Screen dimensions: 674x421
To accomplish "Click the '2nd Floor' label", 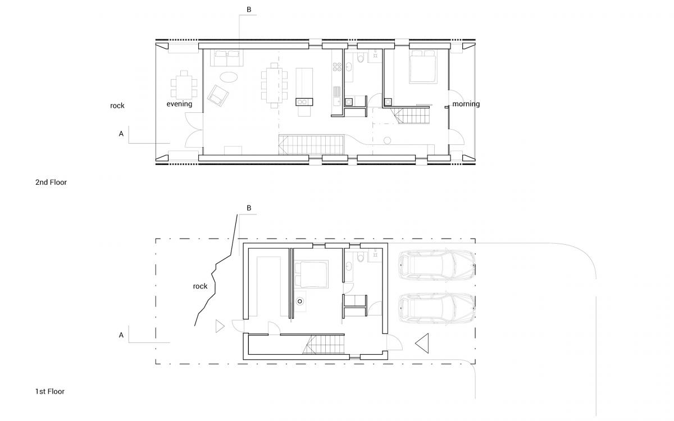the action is [51, 182].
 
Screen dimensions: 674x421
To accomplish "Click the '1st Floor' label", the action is [50, 391].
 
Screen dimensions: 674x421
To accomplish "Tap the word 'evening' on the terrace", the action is [179, 104].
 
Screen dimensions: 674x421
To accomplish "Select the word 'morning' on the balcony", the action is [466, 104].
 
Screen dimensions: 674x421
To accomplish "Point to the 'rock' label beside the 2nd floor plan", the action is [117, 106].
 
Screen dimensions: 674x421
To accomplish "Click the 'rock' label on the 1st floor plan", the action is [200, 286].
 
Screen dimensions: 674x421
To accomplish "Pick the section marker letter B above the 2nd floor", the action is [249, 10].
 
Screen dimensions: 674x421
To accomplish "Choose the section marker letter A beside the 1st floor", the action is [121, 335].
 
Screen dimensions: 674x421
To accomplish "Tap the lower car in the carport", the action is [437, 308].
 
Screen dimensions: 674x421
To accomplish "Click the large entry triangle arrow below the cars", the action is [422, 343].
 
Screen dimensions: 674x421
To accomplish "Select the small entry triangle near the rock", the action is [220, 326].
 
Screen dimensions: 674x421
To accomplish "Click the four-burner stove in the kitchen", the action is [337, 67].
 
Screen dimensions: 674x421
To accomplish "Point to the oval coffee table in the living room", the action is [229, 77].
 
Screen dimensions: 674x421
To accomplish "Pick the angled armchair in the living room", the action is [218, 95].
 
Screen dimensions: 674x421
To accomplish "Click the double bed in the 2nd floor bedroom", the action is [423, 66].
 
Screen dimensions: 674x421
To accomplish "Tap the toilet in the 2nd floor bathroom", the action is [361, 58].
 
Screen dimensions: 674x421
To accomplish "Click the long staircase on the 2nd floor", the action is [311, 145].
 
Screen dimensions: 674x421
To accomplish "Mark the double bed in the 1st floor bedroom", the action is [311, 274].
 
